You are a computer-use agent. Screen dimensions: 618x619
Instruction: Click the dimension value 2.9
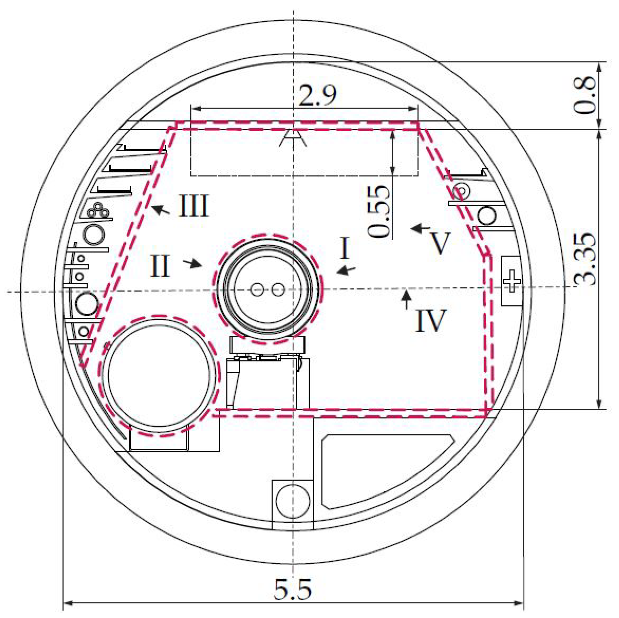(x=318, y=96)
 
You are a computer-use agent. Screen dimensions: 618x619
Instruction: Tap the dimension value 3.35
(x=584, y=259)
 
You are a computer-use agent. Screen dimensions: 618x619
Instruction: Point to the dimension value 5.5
(x=292, y=589)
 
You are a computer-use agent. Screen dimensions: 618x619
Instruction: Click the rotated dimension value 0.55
(x=379, y=211)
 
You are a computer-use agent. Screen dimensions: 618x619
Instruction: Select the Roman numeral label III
(x=194, y=206)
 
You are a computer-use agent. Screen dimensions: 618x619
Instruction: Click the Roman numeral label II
(x=160, y=266)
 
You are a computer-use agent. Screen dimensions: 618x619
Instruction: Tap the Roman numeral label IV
(x=430, y=321)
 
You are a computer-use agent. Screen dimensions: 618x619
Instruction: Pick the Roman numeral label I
(x=344, y=248)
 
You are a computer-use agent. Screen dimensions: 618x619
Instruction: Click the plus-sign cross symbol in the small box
(x=512, y=281)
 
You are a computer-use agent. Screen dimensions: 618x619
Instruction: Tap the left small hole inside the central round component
(x=257, y=290)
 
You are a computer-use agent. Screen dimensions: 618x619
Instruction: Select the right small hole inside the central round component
(x=278, y=290)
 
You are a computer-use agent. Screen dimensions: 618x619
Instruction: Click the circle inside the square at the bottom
(x=292, y=501)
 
